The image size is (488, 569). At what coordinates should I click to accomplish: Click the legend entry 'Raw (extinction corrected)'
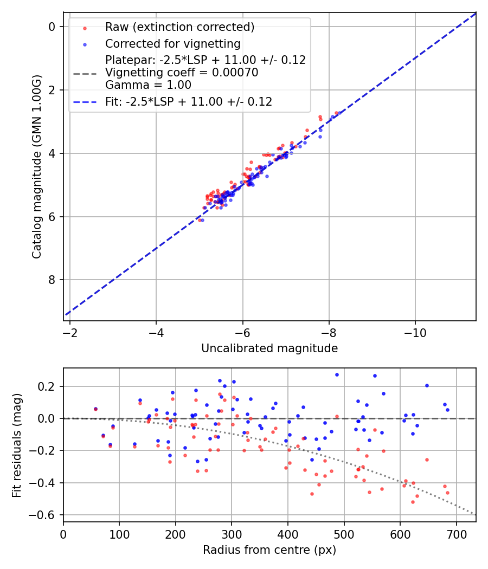click(x=179, y=27)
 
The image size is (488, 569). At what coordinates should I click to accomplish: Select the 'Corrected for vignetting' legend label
click(x=173, y=43)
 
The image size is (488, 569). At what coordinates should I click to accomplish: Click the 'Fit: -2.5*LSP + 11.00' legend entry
click(x=189, y=101)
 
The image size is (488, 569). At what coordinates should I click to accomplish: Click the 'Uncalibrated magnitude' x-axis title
click(x=269, y=348)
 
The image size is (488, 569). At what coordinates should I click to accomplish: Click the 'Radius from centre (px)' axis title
click(x=269, y=550)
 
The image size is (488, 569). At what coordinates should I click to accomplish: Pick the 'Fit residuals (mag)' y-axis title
click(x=17, y=445)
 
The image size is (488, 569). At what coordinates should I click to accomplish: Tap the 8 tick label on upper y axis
click(x=52, y=280)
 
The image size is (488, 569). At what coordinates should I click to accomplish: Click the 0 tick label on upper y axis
click(x=52, y=27)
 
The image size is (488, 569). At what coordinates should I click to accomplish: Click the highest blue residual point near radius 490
click(x=337, y=374)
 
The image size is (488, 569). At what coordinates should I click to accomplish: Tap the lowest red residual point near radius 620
click(x=413, y=502)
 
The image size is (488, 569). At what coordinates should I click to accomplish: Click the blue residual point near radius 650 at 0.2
click(x=427, y=385)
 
